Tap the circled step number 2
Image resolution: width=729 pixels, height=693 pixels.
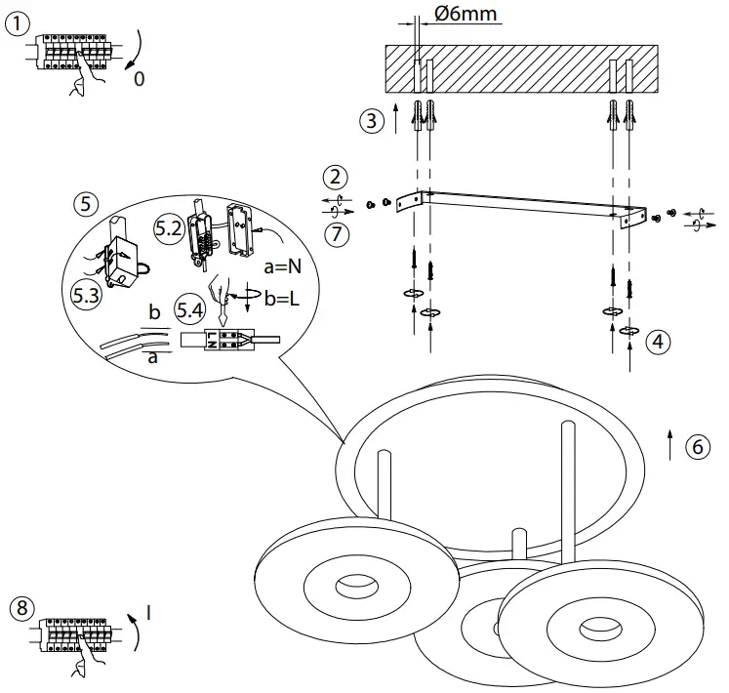point(336,177)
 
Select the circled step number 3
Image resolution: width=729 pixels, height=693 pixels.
point(370,122)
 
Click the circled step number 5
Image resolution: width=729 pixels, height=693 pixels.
point(86,204)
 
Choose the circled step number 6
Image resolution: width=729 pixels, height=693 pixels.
point(697,446)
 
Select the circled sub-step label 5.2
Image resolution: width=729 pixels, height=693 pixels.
point(168,228)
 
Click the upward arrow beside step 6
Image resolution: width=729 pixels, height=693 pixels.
point(669,444)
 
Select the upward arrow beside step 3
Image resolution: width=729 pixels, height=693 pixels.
point(395,120)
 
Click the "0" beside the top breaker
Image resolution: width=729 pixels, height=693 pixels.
point(139,79)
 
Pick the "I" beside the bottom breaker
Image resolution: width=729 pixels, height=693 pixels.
point(147,612)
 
